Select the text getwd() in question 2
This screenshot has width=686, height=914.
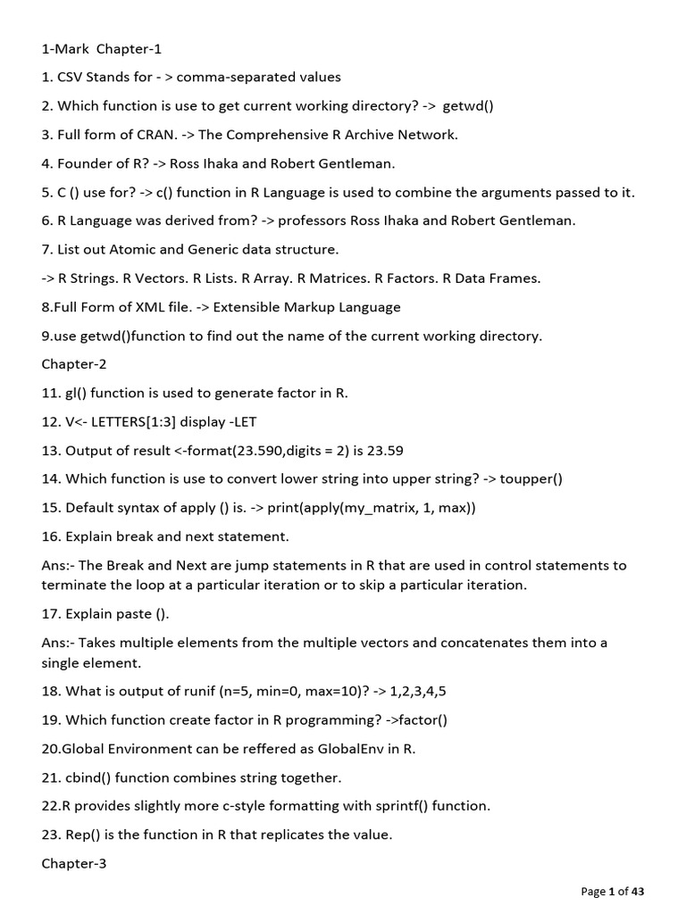click(x=469, y=106)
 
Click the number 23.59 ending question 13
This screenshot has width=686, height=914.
click(x=397, y=450)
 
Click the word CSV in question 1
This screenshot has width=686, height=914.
click(x=71, y=78)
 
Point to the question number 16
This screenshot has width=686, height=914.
click(x=50, y=536)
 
